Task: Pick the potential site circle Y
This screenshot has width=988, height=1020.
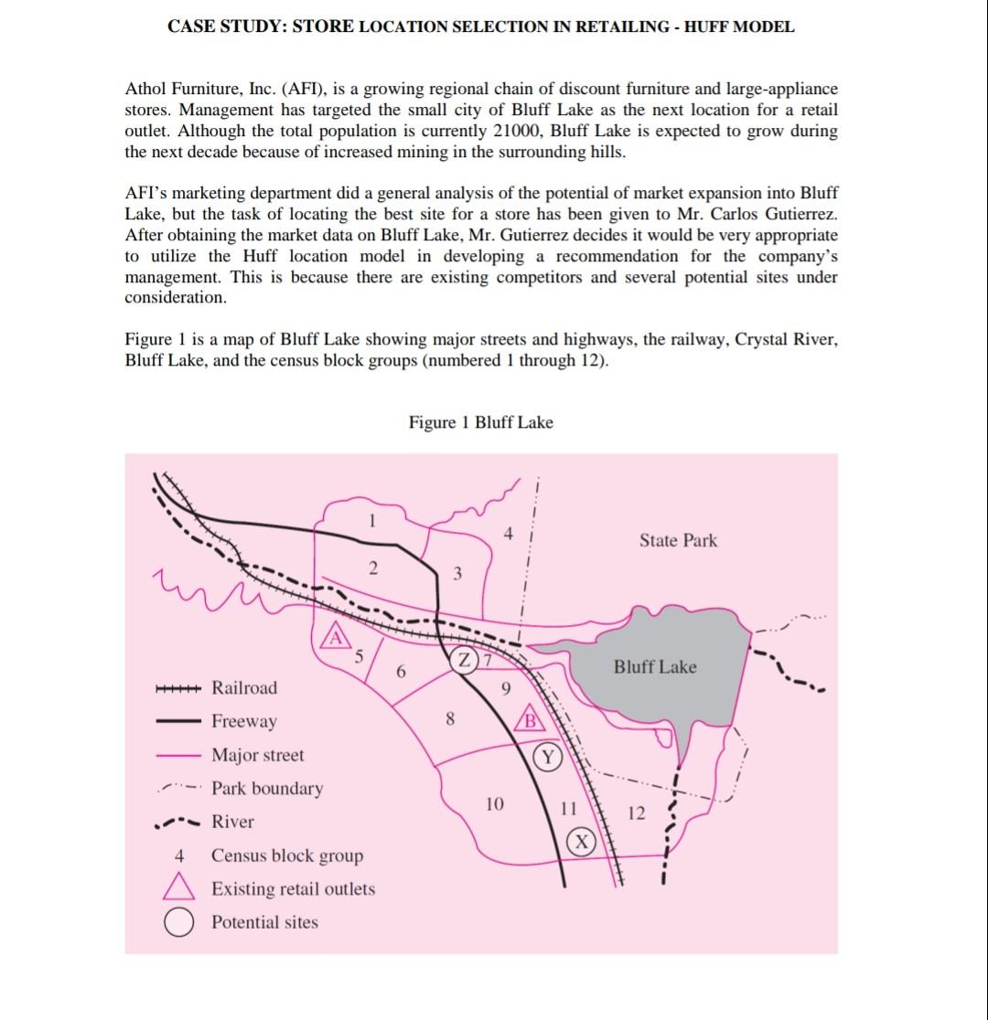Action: click(x=547, y=756)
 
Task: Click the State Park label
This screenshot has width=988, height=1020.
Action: click(x=678, y=540)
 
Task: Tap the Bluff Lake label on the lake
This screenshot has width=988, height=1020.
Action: click(x=654, y=667)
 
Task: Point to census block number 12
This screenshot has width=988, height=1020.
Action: click(x=636, y=813)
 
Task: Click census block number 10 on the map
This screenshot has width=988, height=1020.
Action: click(x=494, y=804)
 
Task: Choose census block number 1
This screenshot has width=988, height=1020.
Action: click(x=371, y=522)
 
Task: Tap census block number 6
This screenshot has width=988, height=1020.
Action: click(x=401, y=672)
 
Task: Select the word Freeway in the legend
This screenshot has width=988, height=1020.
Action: click(x=243, y=721)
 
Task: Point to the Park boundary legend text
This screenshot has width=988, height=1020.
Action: click(x=266, y=788)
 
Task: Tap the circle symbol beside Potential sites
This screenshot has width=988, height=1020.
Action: click(x=179, y=922)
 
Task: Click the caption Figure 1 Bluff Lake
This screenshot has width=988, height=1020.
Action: click(x=480, y=422)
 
